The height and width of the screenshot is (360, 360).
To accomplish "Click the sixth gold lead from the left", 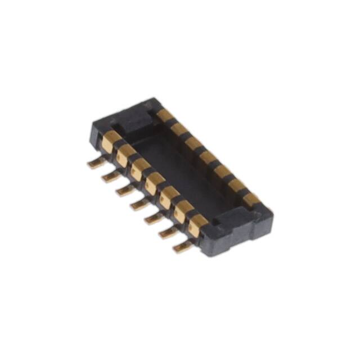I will [x=166, y=232].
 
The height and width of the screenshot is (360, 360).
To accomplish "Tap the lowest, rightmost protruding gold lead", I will [x=181, y=246].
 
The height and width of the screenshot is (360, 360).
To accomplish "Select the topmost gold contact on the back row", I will [x=165, y=115].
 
